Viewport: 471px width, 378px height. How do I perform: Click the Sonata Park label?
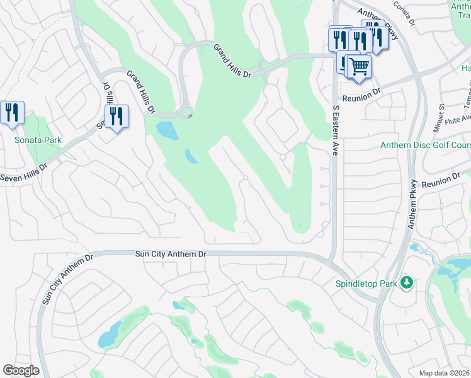tap(33, 139)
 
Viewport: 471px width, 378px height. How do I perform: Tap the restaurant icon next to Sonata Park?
tap(13, 113)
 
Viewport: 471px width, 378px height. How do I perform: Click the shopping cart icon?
tap(359, 66)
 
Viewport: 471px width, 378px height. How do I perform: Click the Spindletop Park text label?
tap(366, 283)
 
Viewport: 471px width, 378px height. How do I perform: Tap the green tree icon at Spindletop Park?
tap(407, 283)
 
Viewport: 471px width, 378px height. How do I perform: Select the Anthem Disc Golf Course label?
tap(425, 146)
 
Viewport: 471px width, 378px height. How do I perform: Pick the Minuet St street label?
tap(439, 119)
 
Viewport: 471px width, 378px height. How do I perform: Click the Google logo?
tap(21, 370)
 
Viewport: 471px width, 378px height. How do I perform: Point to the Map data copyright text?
tap(445, 373)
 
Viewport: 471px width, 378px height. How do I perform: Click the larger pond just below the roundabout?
tap(167, 130)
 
